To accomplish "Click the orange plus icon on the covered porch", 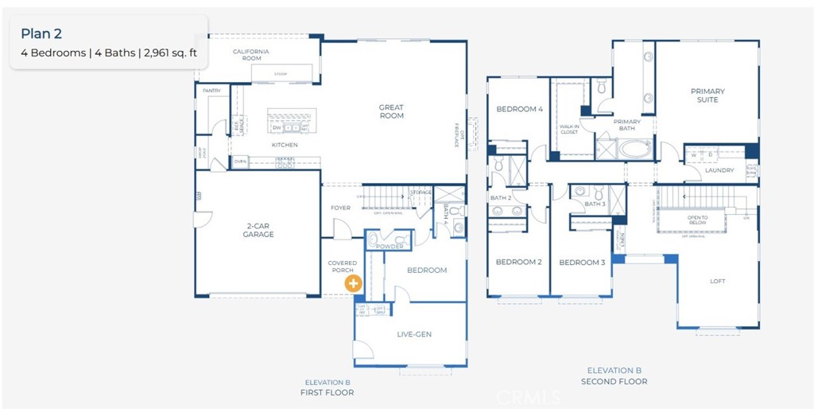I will [x=352, y=282].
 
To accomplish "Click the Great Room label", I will [x=391, y=111].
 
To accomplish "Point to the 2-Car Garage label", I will [x=258, y=230].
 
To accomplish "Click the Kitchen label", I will [x=285, y=145].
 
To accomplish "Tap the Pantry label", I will [x=211, y=91].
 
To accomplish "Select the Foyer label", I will [x=340, y=208].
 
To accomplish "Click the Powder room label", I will [x=390, y=247].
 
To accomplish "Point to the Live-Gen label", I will [x=413, y=334].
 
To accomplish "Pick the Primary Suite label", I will [x=707, y=95].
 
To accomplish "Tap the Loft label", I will [x=717, y=281].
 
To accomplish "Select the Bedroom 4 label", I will [x=519, y=109].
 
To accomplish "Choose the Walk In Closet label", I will [x=569, y=129].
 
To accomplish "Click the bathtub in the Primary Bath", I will [x=634, y=149].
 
